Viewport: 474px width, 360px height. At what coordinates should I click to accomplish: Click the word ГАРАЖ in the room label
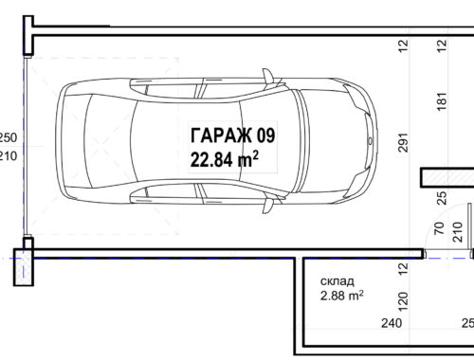221,135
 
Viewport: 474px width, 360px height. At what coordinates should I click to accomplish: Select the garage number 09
265,135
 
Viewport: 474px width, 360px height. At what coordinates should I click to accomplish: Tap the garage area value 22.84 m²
225,159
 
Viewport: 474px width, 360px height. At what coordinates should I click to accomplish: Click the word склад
337,281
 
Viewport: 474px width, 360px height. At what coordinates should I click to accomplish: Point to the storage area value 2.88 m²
341,296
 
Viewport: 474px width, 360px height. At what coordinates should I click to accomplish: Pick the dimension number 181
442,101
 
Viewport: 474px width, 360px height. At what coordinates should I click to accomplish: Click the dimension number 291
403,142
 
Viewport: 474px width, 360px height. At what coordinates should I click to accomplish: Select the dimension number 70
439,228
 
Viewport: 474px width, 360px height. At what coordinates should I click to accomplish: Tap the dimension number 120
403,301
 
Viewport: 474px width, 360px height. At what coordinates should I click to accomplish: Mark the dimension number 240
392,323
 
